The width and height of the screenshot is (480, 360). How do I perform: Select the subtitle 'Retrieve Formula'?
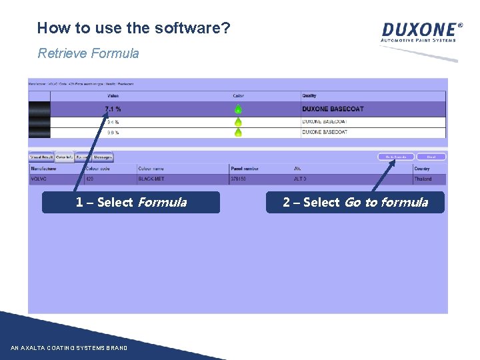coord(88,53)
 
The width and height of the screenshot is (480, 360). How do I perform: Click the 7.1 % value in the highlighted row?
coord(113,109)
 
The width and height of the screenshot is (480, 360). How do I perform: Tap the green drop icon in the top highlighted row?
coord(238,109)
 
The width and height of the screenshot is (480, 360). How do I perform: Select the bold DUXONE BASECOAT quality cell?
coord(333,109)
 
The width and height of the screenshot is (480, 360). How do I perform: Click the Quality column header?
coord(309,96)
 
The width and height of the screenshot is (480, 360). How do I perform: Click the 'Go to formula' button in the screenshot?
coord(396,157)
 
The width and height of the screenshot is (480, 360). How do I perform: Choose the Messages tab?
coord(103,157)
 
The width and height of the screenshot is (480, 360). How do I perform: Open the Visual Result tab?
coord(41,157)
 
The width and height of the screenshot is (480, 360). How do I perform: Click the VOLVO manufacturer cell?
coord(39,179)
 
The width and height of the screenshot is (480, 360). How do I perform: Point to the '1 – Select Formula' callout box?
coord(131,202)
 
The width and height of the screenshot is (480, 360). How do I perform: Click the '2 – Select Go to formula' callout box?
coord(355,202)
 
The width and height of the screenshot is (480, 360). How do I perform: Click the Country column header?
coord(422,169)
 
